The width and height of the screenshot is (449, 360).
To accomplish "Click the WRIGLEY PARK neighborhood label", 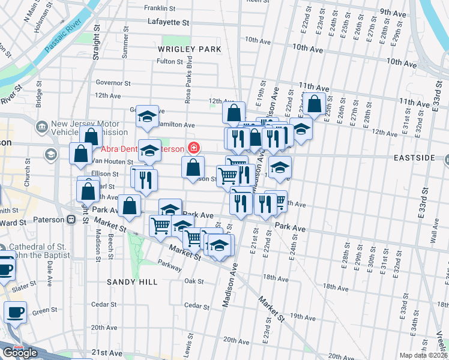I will click(190, 49).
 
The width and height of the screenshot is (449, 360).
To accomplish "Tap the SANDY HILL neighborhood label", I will click(132, 281).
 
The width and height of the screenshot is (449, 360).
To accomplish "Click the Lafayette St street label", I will click(168, 22).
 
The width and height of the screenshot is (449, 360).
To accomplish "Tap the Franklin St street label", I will click(160, 8).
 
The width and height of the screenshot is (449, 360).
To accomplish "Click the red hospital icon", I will click(193, 148).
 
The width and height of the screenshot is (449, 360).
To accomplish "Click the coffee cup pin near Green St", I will click(15, 312).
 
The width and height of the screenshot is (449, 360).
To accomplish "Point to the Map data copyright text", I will click(423, 355).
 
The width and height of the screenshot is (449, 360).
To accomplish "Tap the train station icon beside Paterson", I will click(71, 220).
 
